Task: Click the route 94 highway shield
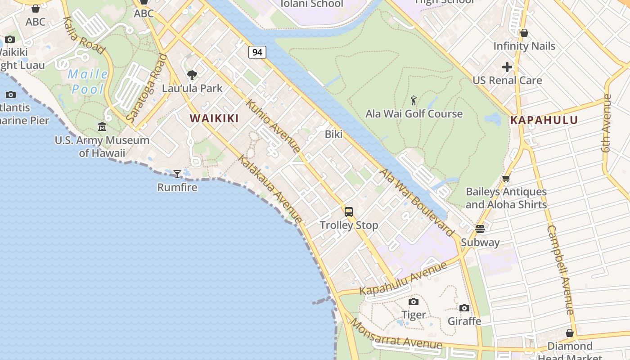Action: tap(257, 52)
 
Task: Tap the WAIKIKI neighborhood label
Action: tap(214, 118)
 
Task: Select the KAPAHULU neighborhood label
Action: tap(544, 120)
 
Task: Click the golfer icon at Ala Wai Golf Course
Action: tap(414, 100)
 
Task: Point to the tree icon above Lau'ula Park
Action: tap(192, 75)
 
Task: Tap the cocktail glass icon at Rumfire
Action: tap(177, 174)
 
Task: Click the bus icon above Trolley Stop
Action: tap(349, 212)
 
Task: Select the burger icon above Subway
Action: tap(480, 229)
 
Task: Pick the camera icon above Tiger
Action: tap(413, 301)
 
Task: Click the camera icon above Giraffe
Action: tap(464, 308)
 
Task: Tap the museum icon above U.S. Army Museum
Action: tap(102, 127)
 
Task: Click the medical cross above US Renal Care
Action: tap(507, 67)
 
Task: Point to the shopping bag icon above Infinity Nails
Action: tap(524, 33)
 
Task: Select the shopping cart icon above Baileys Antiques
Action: tap(506, 179)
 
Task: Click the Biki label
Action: tap(333, 134)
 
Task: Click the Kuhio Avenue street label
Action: tap(273, 126)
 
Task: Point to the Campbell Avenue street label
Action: tap(560, 270)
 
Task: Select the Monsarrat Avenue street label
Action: tap(396, 334)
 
